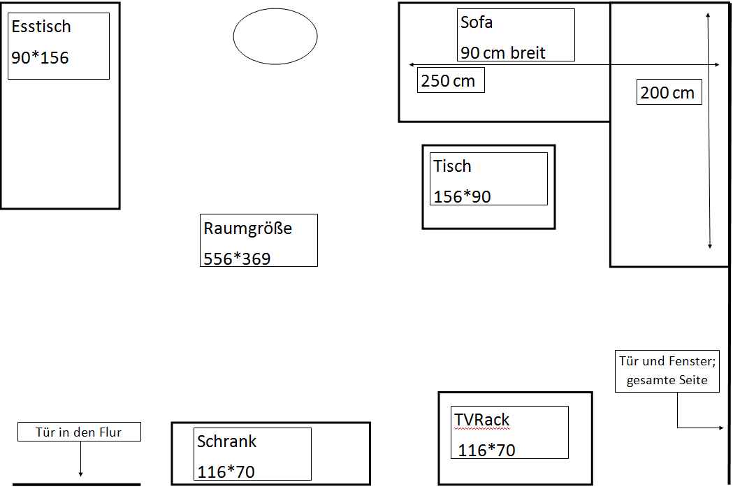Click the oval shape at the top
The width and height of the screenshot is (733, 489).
(x=275, y=9)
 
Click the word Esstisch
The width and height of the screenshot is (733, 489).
(x=41, y=27)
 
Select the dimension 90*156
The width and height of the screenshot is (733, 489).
(x=41, y=58)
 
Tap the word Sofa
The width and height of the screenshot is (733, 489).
(x=477, y=22)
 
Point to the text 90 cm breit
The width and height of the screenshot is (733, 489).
(x=503, y=53)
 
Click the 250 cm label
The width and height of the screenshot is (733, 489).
(x=448, y=81)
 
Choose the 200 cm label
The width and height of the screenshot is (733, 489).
(x=667, y=93)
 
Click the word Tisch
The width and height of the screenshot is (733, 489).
(x=452, y=166)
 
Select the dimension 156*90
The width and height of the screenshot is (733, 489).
(x=463, y=197)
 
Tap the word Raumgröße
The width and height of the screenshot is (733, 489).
(x=248, y=228)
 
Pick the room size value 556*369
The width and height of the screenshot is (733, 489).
(x=237, y=258)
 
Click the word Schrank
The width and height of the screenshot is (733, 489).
(x=226, y=441)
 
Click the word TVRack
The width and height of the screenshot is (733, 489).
(x=482, y=420)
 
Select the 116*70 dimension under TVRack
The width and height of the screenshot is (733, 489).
(x=486, y=451)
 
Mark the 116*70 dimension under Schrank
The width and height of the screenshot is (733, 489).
(x=226, y=472)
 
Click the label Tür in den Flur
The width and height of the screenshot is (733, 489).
(x=78, y=432)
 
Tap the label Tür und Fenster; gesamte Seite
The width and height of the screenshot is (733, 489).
(x=667, y=371)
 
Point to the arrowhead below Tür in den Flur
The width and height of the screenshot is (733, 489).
(x=80, y=474)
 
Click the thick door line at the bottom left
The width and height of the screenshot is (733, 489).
(x=76, y=485)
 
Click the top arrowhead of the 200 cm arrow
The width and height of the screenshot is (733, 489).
(x=709, y=15)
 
